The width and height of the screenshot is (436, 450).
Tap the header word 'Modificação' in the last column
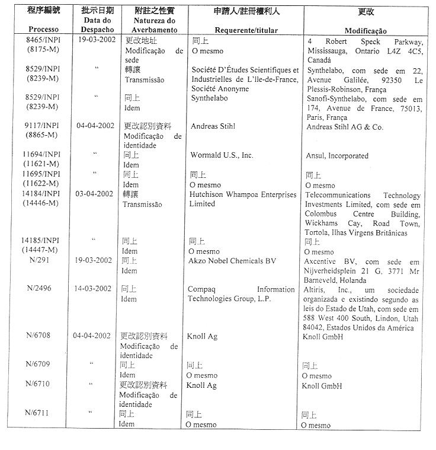click(x=366, y=30)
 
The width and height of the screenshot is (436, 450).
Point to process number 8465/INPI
click(x=43, y=42)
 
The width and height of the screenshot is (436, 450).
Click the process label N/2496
click(x=43, y=289)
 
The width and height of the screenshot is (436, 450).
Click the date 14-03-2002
click(x=93, y=289)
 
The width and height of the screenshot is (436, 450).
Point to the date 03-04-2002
click(x=94, y=194)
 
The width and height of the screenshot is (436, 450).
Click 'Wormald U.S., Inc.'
click(x=222, y=155)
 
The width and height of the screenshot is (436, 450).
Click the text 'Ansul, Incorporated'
click(x=336, y=156)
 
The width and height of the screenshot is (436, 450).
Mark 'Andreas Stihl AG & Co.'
click(x=344, y=127)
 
